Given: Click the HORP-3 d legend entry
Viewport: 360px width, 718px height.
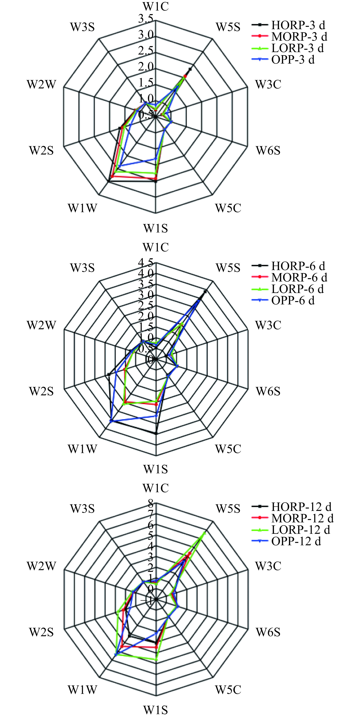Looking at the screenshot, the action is [288, 25].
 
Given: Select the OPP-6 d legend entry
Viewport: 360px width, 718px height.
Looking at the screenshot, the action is [283, 300].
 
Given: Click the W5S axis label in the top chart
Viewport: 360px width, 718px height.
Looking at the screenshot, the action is [228, 27].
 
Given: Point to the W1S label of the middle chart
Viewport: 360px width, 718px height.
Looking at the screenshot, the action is [156, 469].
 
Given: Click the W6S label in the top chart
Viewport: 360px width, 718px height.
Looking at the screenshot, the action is [268, 151].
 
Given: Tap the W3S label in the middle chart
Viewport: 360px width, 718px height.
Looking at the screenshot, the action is [82, 268].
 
